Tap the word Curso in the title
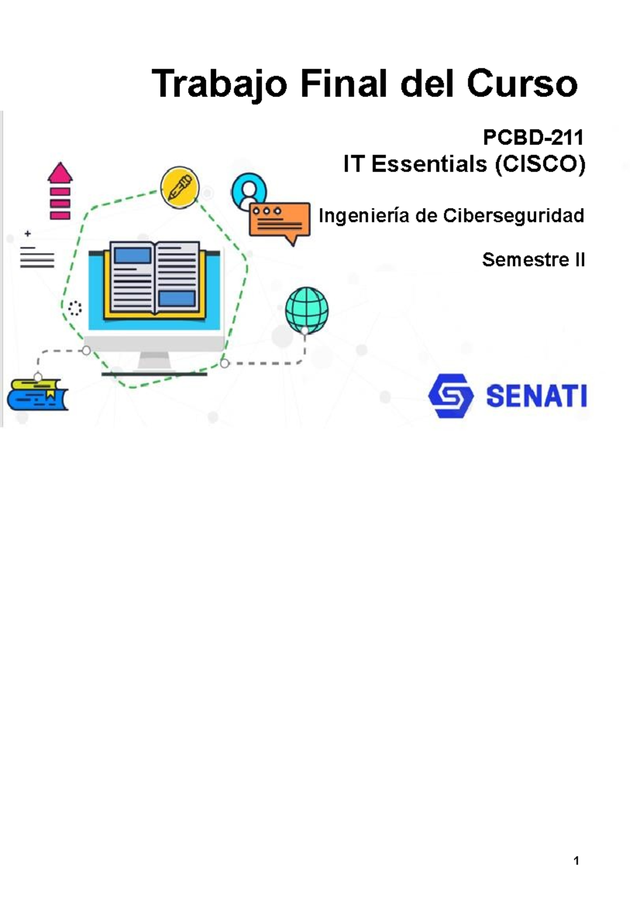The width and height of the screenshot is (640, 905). (522, 84)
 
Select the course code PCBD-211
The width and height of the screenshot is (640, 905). (533, 138)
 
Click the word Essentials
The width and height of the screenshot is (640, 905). (429, 164)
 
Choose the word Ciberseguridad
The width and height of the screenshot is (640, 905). (513, 215)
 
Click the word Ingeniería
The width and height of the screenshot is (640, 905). (364, 215)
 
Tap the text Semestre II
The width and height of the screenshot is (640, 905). (533, 260)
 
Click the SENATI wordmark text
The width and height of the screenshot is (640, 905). (536, 396)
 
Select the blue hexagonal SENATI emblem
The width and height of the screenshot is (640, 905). (451, 395)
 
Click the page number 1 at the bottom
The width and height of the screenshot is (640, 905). (576, 860)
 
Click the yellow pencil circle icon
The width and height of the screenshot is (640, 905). (180, 187)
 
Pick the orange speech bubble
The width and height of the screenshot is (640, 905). (279, 221)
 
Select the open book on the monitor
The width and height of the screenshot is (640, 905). (154, 279)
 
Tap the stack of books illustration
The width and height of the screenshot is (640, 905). (38, 395)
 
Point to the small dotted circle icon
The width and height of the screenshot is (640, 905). (75, 308)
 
